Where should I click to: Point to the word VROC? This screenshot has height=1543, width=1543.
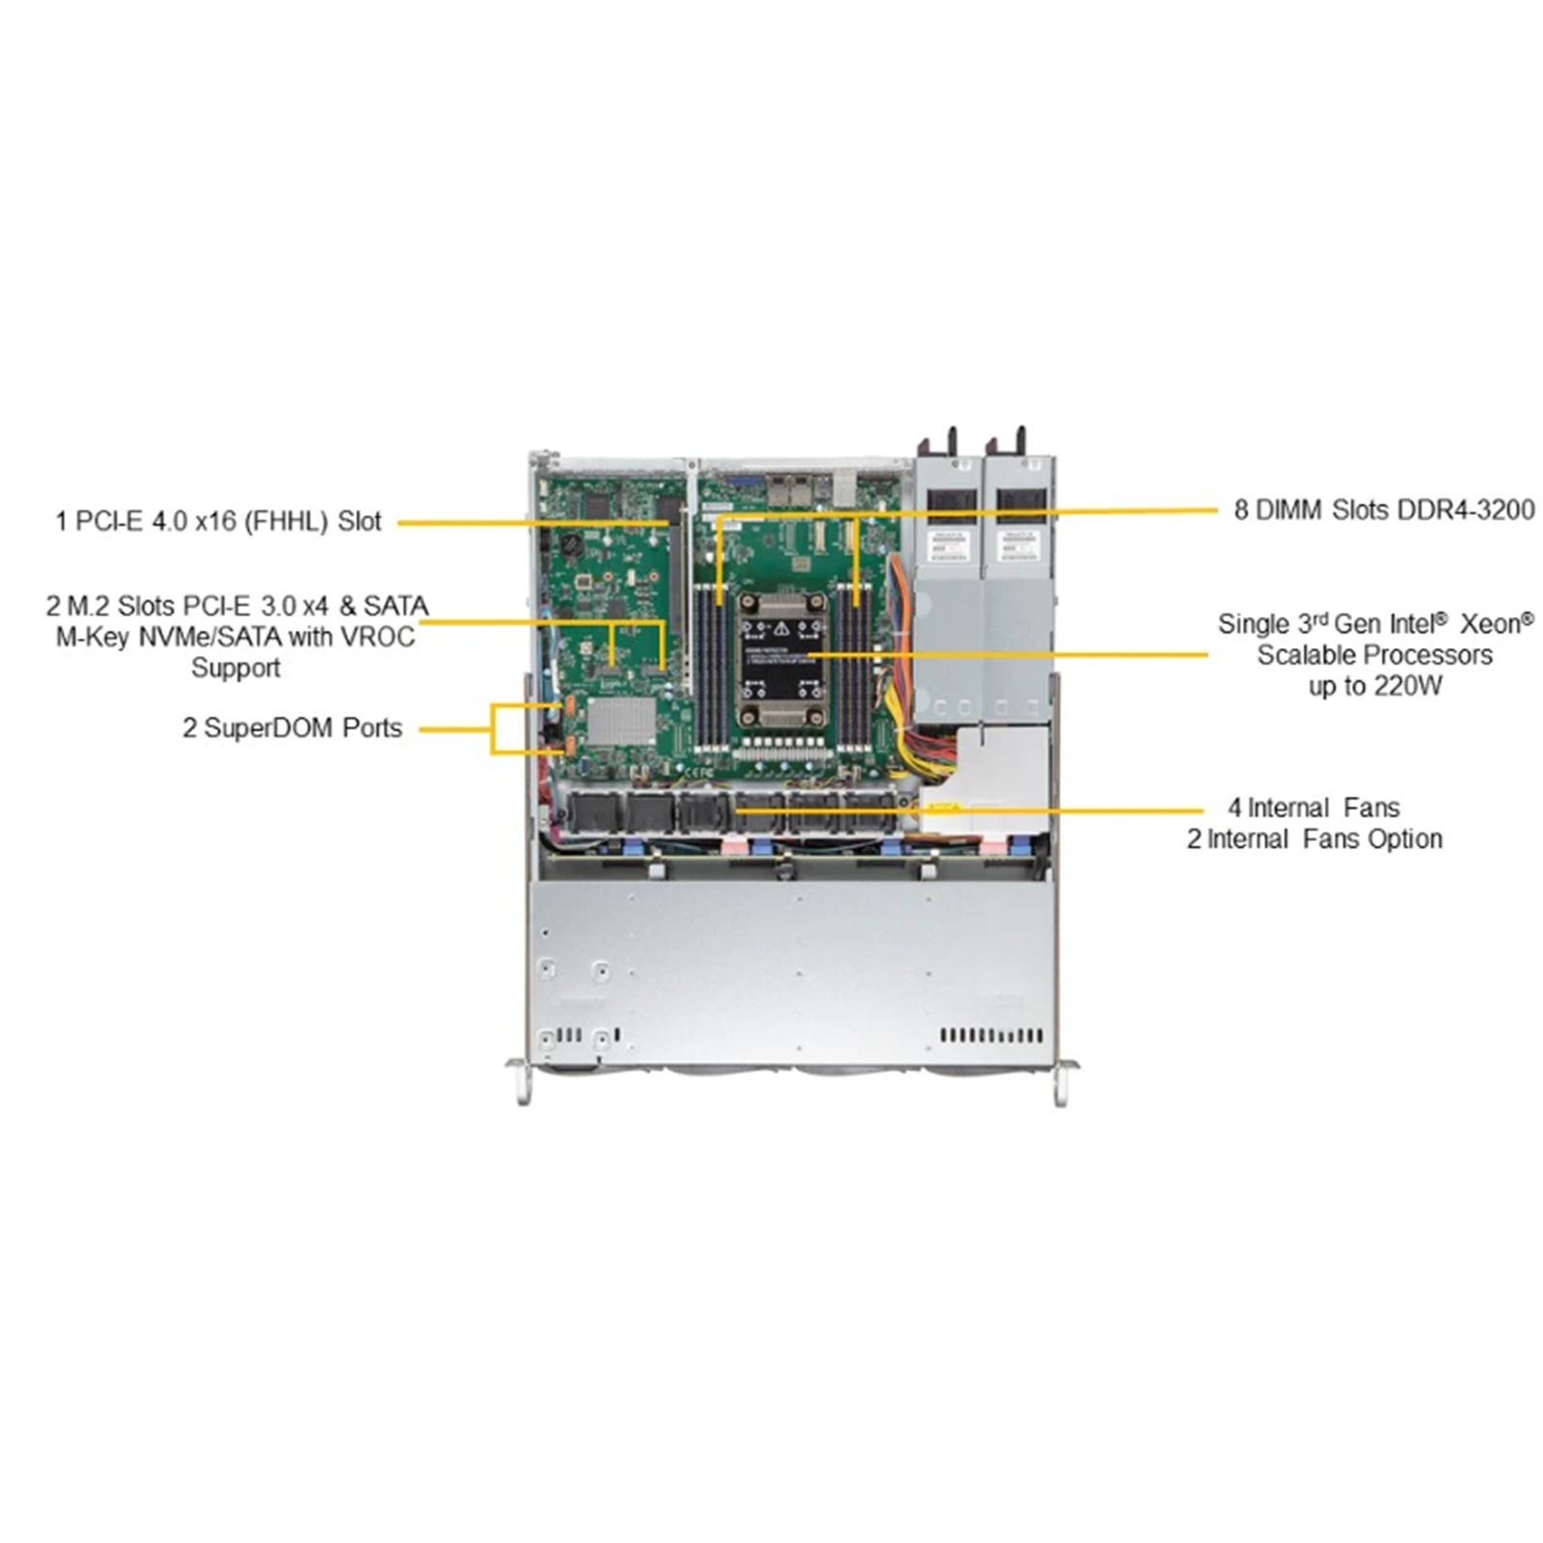click(379, 636)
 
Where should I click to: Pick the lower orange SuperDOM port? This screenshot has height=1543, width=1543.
click(569, 744)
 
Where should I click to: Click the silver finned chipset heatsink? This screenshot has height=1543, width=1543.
click(621, 720)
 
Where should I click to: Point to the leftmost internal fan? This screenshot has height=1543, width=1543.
click(595, 812)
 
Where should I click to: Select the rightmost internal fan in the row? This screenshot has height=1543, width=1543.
click(870, 812)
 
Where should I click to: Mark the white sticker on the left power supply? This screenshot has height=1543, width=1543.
click(948, 545)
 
